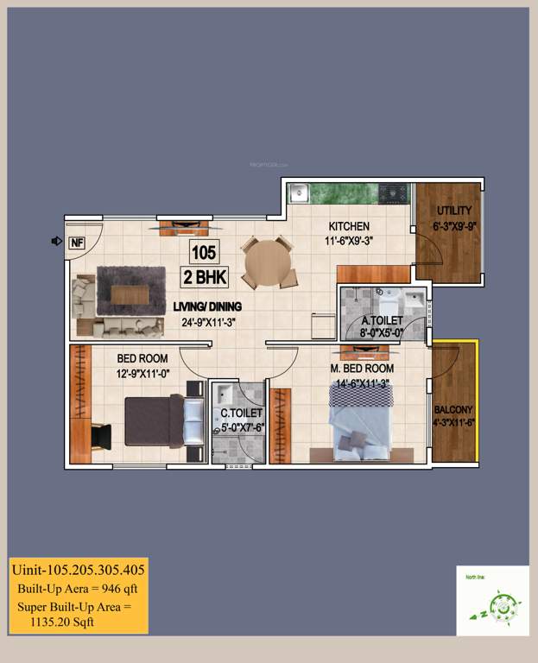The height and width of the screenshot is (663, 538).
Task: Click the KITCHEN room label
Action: click(349, 227)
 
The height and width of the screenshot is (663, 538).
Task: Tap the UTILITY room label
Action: click(454, 211)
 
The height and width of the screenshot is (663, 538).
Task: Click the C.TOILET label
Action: click(242, 413)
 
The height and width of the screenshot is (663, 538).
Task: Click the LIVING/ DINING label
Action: click(207, 306)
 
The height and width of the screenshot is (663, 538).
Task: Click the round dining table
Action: click(268, 262)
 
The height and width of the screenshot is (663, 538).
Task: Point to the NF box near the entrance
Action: click(76, 243)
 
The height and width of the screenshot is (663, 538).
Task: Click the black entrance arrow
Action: click(56, 242)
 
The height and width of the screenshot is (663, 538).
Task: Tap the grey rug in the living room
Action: click(130, 291)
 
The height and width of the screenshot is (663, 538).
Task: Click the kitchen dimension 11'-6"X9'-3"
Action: click(350, 243)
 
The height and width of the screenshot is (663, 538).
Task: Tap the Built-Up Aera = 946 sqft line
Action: click(78, 589)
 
